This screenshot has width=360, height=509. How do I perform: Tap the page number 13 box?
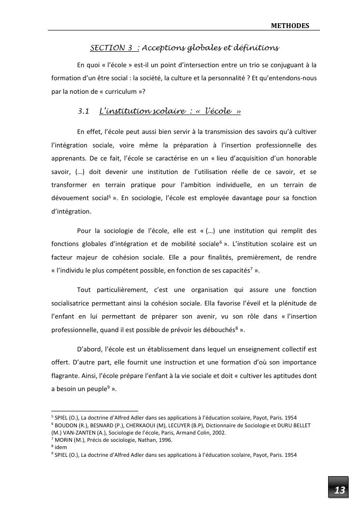pos(340,490)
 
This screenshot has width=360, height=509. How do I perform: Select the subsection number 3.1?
pos(84,111)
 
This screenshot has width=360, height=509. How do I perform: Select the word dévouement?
pos(70,198)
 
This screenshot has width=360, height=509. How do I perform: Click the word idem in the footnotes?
pos(60,447)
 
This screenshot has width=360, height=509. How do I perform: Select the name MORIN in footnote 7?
pos(63,440)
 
